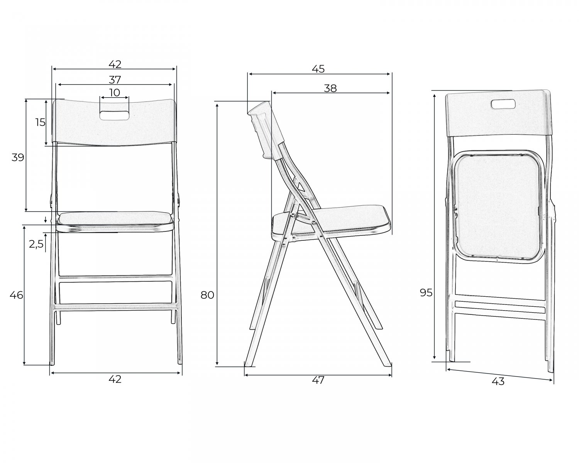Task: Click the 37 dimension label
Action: click(115, 79)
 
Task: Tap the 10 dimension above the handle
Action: click(115, 93)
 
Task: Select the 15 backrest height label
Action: click(41, 122)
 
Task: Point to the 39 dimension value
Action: click(18, 157)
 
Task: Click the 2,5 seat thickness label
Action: click(36, 244)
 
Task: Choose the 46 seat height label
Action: click(17, 295)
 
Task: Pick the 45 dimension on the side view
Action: click(318, 69)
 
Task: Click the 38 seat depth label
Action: click(330, 88)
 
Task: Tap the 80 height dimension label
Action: click(207, 295)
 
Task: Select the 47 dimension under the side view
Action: click(318, 380)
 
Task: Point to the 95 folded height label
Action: click(426, 292)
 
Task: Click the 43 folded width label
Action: click(498, 382)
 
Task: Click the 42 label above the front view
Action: click(115, 64)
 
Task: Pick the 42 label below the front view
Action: click(115, 379)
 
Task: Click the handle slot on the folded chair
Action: click(503, 104)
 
